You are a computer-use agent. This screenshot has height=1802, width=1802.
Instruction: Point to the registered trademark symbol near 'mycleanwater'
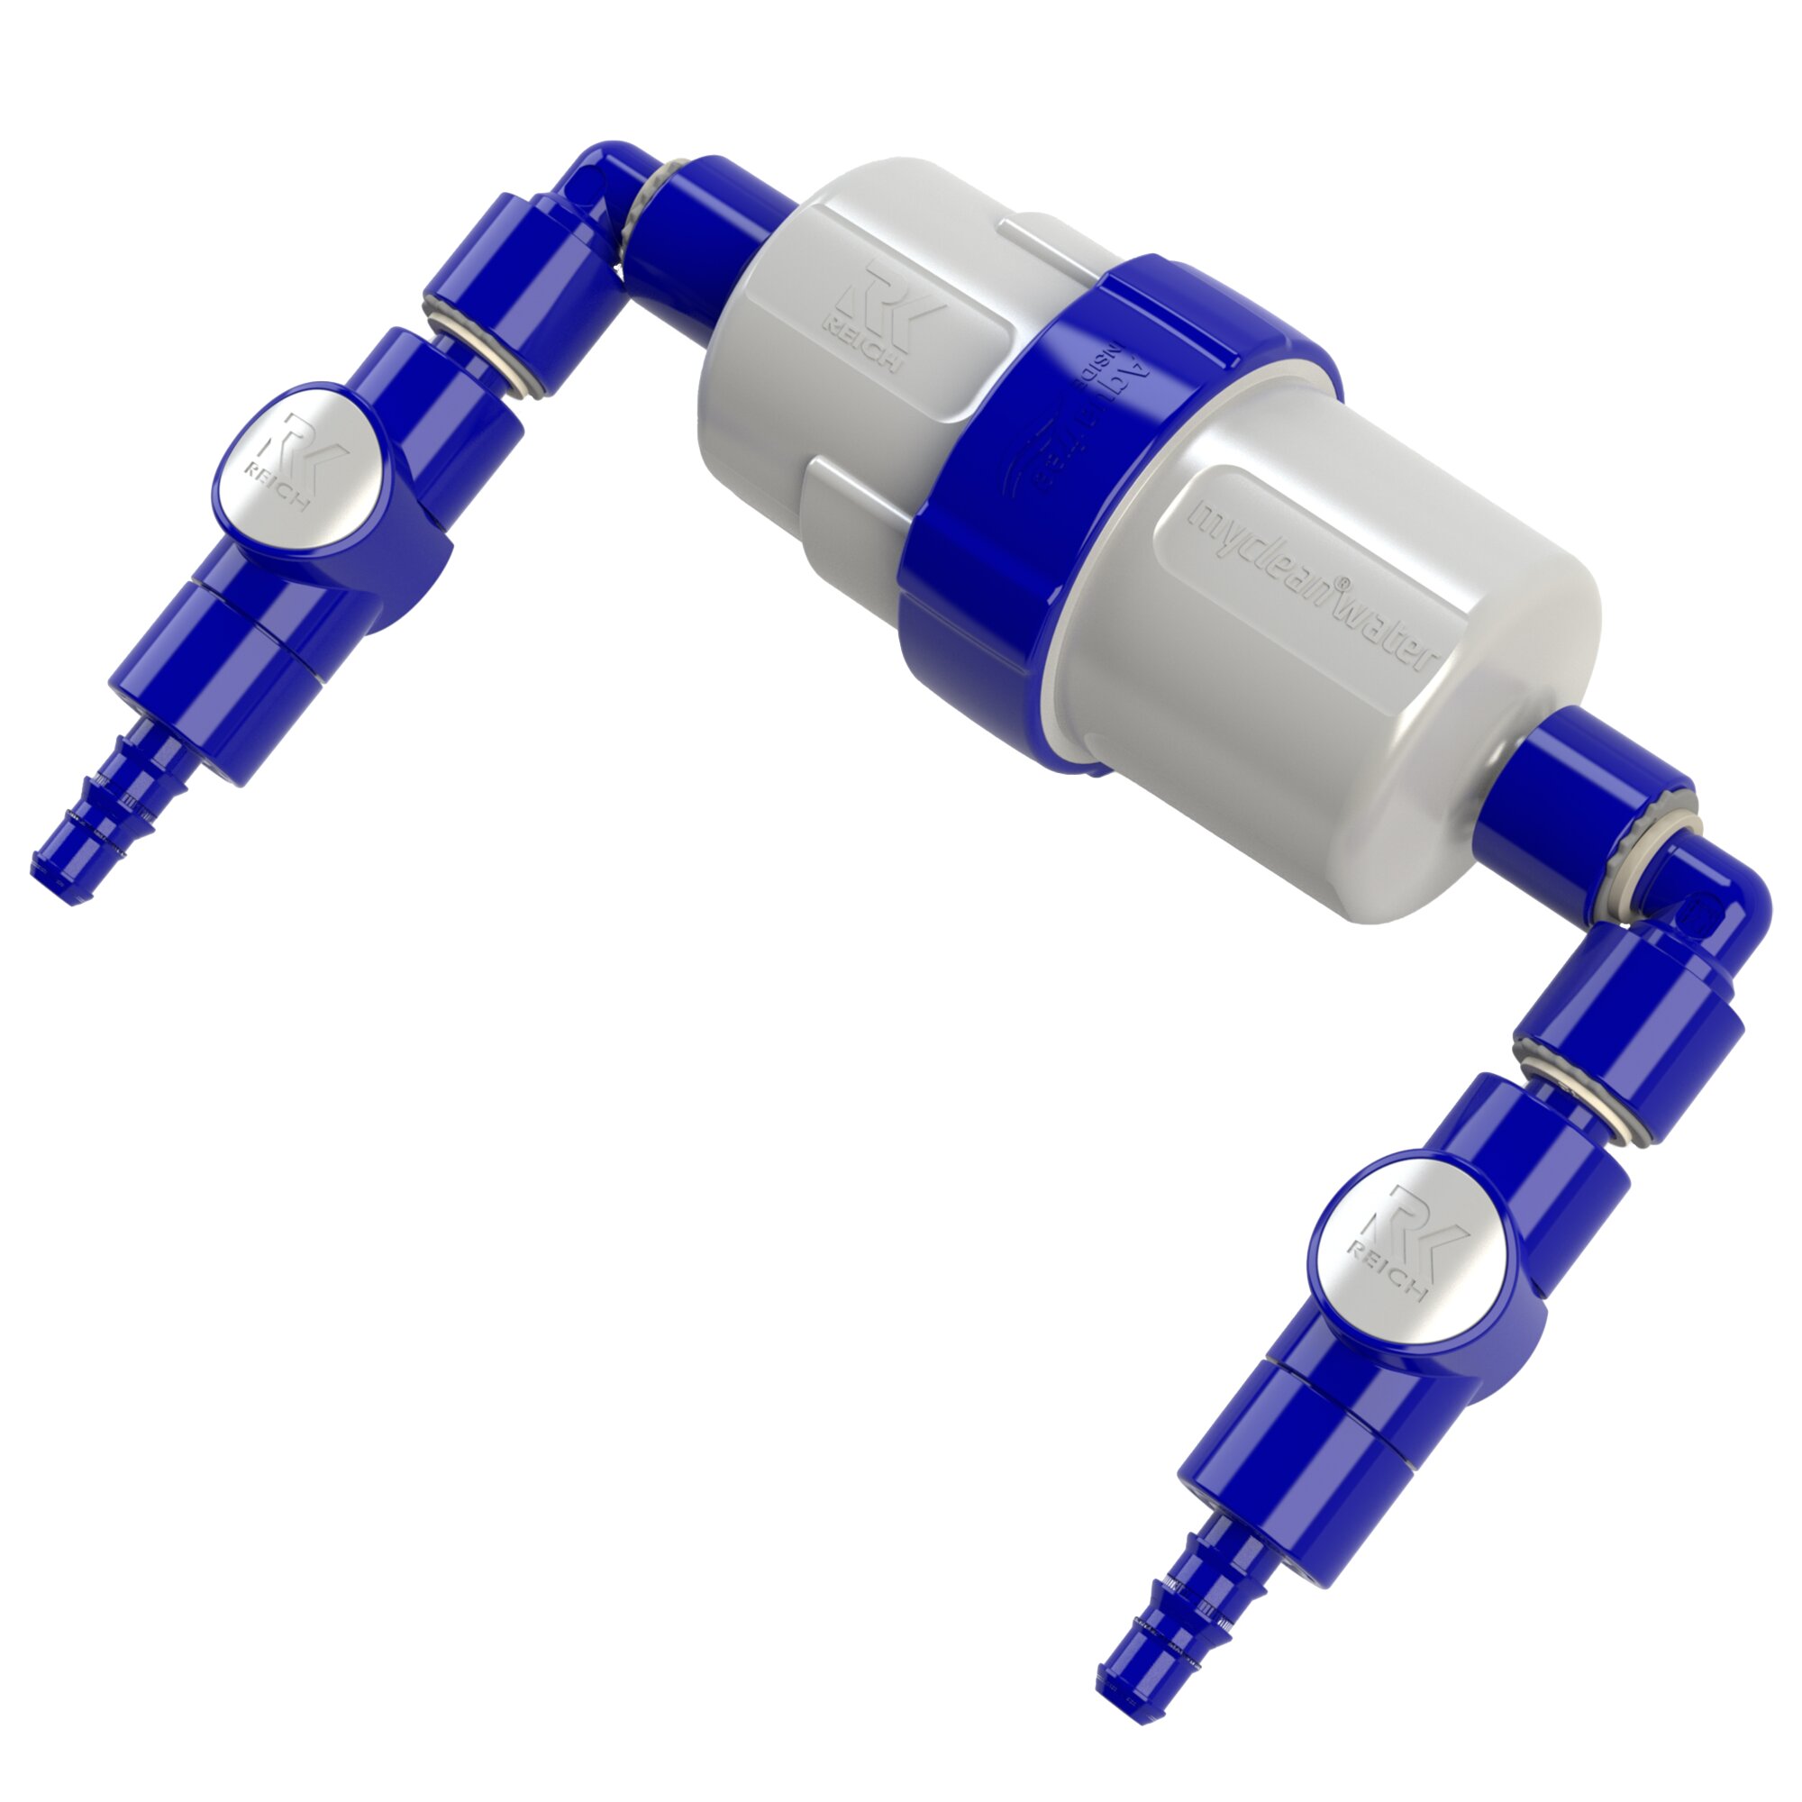click(1342, 583)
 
